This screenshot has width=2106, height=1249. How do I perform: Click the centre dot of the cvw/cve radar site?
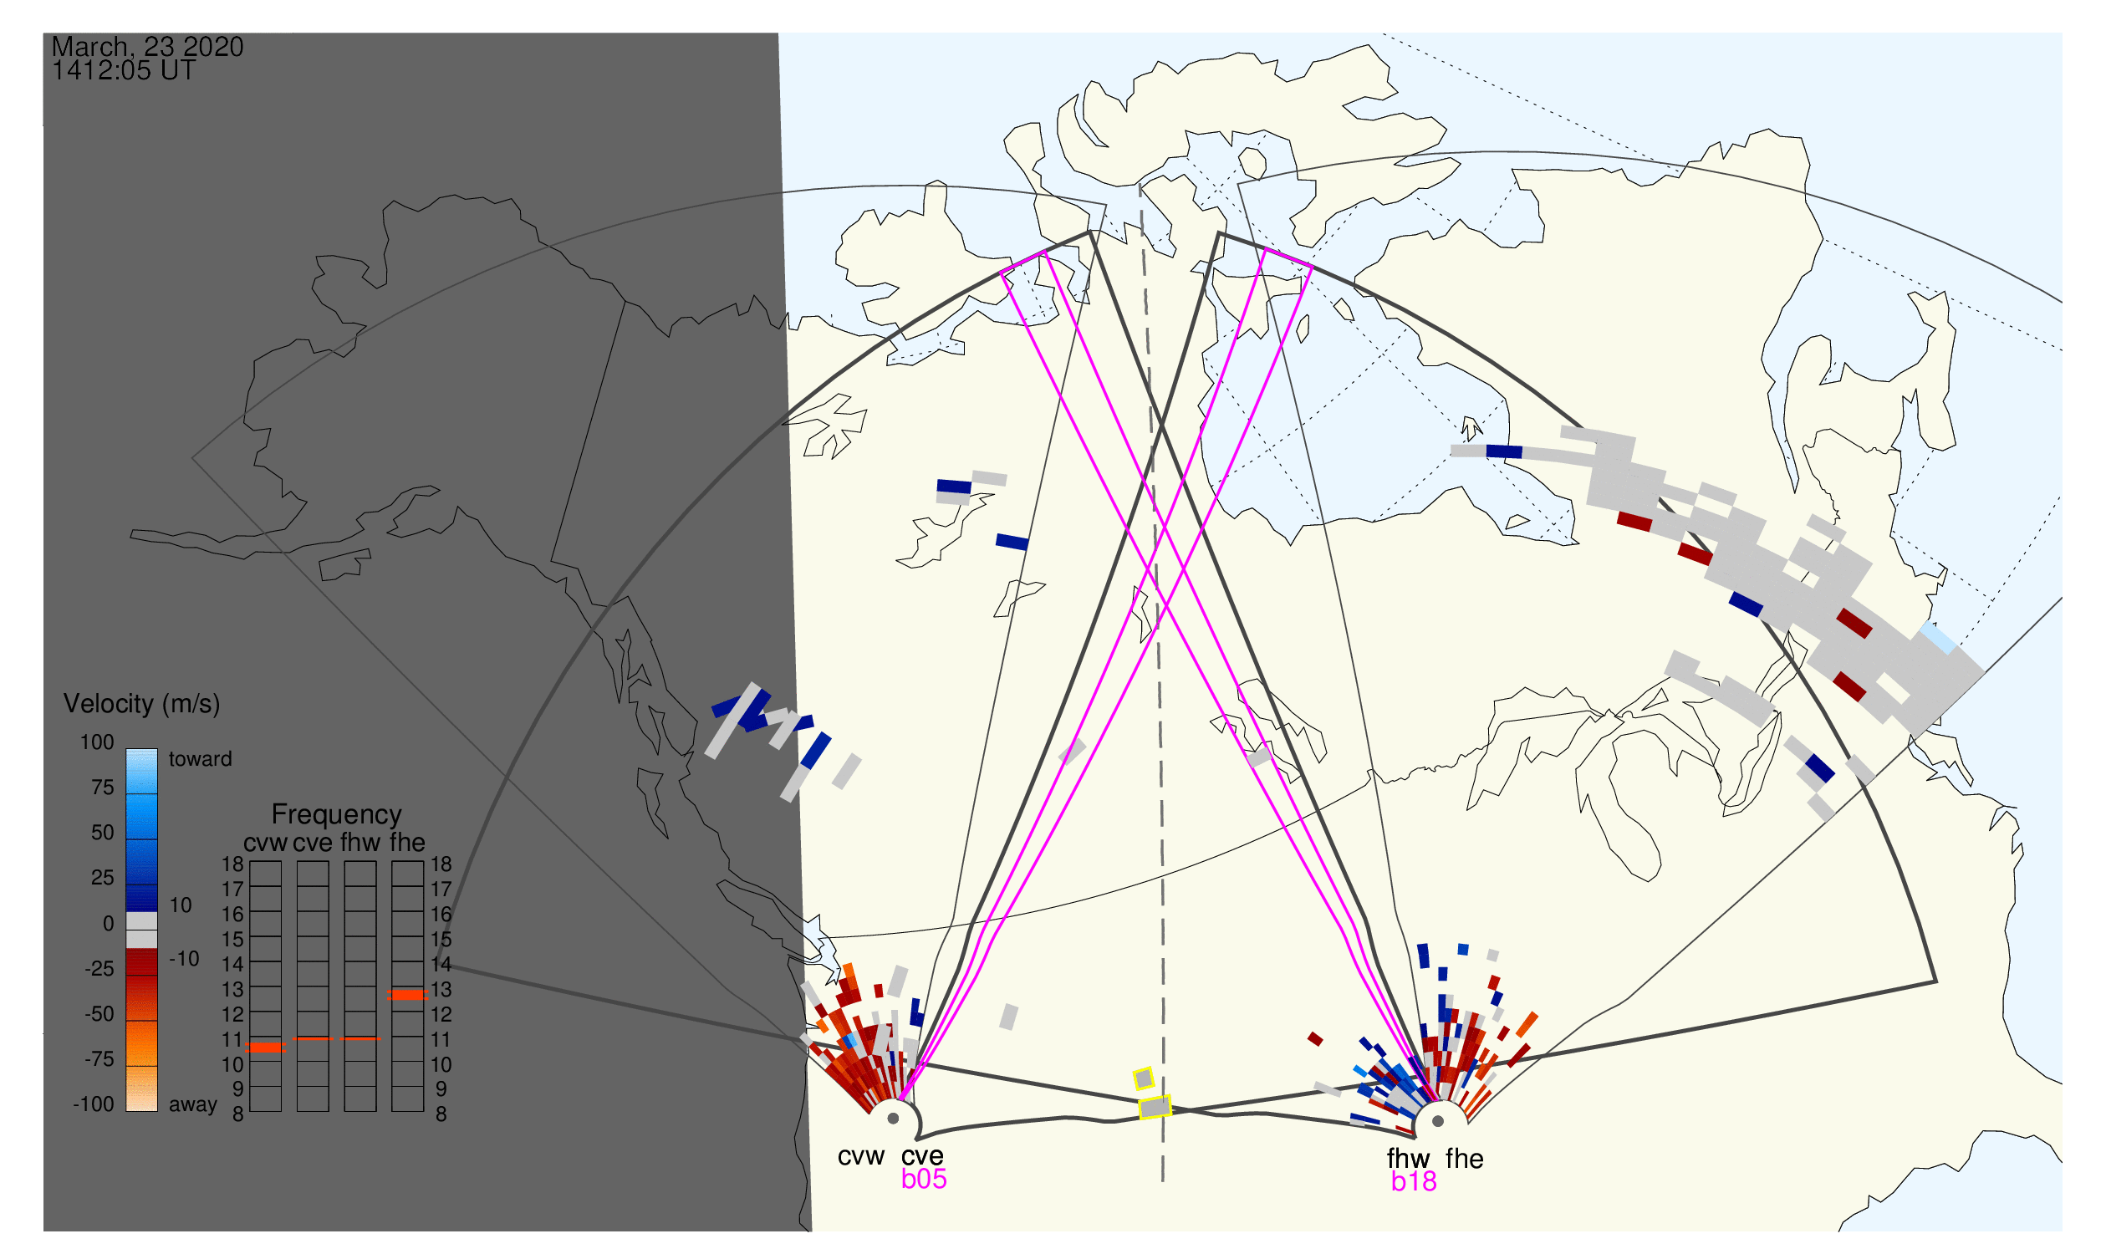[893, 1119]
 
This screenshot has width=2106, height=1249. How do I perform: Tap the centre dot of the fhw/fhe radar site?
[1439, 1121]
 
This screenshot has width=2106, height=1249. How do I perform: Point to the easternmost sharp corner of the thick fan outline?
[1937, 981]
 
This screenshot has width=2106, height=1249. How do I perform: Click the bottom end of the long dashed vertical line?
[1163, 1181]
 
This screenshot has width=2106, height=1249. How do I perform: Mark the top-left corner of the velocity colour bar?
[126, 749]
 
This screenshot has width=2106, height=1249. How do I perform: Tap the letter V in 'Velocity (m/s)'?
[73, 704]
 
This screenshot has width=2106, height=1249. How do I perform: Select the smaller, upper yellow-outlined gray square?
[1143, 1078]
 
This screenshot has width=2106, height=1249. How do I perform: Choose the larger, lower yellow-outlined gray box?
[1155, 1107]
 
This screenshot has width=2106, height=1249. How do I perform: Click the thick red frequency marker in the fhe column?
[407, 994]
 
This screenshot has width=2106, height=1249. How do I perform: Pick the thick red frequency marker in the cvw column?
[266, 1047]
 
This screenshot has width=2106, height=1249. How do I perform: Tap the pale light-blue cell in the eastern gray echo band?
[1939, 638]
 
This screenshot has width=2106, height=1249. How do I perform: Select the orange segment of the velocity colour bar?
[141, 1043]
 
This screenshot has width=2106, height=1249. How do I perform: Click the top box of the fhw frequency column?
[360, 874]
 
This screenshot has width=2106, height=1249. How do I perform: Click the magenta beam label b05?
[923, 1179]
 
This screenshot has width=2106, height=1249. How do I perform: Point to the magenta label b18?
[1414, 1181]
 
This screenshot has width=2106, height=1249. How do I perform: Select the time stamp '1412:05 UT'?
[124, 71]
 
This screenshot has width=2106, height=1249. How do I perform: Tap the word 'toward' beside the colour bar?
[201, 759]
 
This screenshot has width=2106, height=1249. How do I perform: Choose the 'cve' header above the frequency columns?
[313, 843]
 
